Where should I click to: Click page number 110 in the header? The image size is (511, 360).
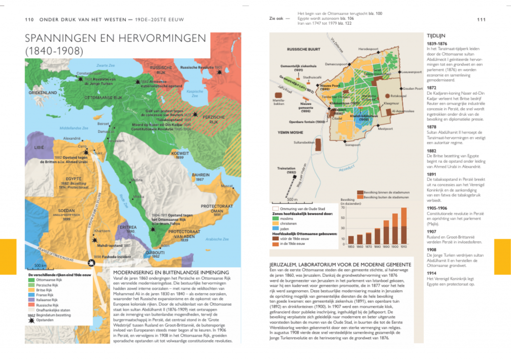pos(29,19)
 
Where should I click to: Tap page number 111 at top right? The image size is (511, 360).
pos(481,19)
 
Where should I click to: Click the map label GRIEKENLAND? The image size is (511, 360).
pos(42,93)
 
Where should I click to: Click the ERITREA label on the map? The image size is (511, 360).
pos(128,227)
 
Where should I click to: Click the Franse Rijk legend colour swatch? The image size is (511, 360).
pos(31,295)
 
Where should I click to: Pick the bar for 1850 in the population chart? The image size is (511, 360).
pos(351,239)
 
